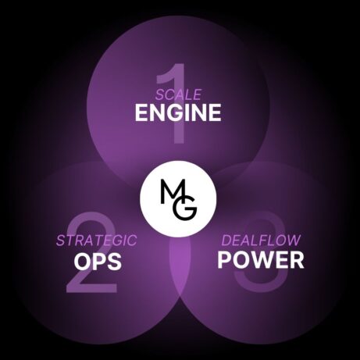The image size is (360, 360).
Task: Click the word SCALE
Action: (179, 94)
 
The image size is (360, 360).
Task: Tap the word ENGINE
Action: (178, 112)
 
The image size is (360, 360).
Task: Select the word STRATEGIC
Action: (97, 241)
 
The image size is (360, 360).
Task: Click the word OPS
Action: (98, 262)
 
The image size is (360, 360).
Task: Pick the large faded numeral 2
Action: (91, 252)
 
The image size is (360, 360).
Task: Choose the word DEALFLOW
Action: (261, 241)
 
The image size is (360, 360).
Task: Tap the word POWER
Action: (261, 260)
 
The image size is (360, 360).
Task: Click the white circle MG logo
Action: (178, 199)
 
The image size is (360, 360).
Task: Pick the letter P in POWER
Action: (224, 260)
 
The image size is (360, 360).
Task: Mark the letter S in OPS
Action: (115, 262)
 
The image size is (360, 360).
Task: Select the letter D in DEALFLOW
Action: (226, 241)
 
